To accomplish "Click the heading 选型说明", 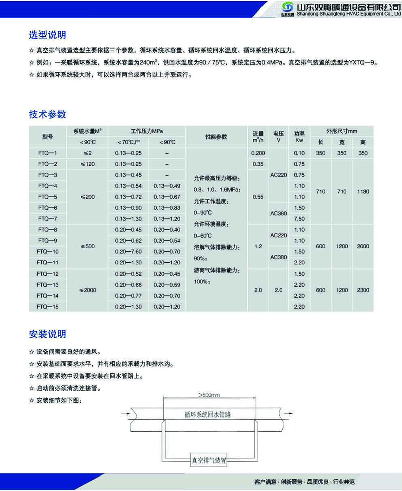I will click(x=48, y=35).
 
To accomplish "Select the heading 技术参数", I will click(x=48, y=114).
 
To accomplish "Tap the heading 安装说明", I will click(x=48, y=334).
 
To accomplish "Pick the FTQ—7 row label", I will click(x=48, y=219).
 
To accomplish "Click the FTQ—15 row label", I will click(x=48, y=307).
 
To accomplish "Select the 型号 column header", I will click(x=48, y=137).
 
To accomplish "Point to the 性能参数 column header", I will click(x=216, y=137).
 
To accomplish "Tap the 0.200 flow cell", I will click(x=258, y=153).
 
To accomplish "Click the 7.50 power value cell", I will click(x=299, y=219).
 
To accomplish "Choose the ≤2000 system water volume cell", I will click(x=88, y=290).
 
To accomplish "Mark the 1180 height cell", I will click(x=363, y=191).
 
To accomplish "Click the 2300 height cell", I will click(x=363, y=290).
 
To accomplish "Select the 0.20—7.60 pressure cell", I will click(x=128, y=252).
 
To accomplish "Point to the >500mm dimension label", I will click(x=209, y=395).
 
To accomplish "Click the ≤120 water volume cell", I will click(x=88, y=164).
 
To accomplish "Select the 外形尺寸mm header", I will click(x=341, y=131).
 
